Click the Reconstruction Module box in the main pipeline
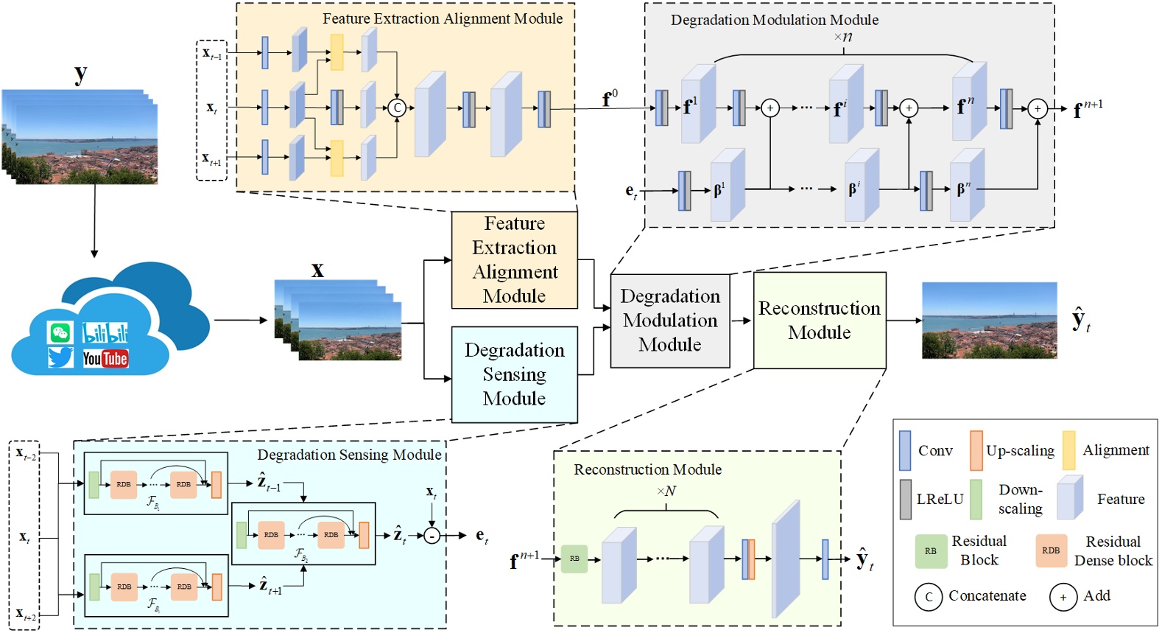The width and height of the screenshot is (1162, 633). pos(819,321)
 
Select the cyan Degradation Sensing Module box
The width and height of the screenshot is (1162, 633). pos(514,374)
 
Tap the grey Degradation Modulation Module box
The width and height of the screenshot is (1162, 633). pos(669,321)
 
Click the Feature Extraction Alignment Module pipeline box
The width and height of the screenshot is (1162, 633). pos(514,259)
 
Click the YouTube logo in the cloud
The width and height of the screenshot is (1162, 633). pos(105,359)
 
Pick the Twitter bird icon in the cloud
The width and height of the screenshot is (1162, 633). pos(60,357)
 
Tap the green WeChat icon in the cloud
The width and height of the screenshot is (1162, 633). pos(60,332)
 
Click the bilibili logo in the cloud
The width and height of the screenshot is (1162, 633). pos(105,333)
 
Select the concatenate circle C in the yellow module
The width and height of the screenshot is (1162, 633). pos(397,108)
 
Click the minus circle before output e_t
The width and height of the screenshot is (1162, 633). pos(432,536)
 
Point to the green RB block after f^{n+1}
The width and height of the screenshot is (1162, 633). pos(574,559)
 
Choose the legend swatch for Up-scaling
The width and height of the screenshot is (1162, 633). pos(976,450)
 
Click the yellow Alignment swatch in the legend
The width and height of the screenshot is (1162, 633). pos(1068,450)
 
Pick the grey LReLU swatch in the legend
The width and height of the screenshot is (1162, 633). pos(906,499)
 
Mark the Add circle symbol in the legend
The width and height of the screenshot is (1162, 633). pos(1063,597)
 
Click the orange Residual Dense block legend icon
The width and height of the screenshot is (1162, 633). pos(1051,550)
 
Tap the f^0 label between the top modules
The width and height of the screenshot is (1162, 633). pos(610,99)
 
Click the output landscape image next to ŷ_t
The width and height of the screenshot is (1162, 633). pos(989,321)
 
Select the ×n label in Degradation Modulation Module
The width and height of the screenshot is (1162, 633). pos(843,37)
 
